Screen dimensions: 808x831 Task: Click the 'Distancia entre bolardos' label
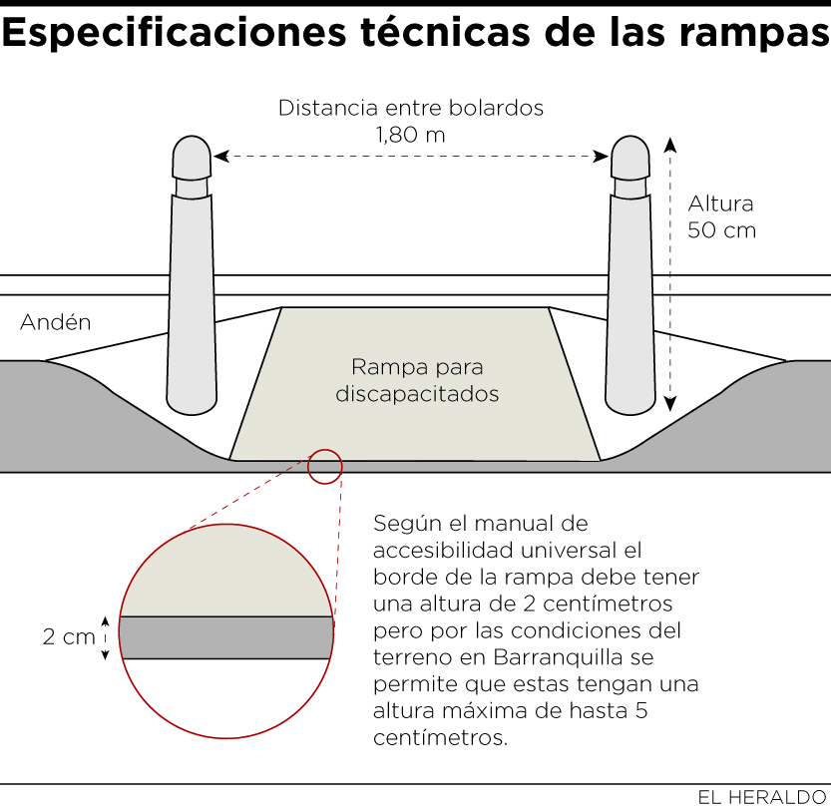[x=411, y=108]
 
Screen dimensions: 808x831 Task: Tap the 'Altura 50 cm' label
[x=721, y=216]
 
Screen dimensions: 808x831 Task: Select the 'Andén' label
[x=56, y=322]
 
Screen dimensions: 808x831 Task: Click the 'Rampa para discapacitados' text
[x=416, y=380]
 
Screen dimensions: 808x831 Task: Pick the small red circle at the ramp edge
[x=324, y=466]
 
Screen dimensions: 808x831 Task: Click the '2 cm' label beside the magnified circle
[x=69, y=637]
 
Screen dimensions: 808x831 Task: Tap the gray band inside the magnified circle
[x=225, y=638]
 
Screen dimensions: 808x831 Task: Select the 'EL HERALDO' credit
[x=761, y=796]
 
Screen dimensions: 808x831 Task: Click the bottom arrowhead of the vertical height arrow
[x=670, y=405]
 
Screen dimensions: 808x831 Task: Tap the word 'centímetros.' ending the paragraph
[x=441, y=739]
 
